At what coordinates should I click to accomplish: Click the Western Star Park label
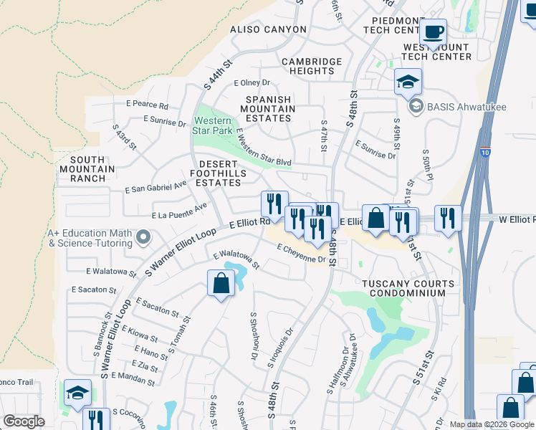[213, 125]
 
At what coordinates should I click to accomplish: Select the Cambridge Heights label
[312, 67]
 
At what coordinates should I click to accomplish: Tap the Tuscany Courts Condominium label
[408, 289]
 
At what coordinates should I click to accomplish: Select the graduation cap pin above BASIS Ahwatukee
[408, 82]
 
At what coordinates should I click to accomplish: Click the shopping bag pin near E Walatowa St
[221, 283]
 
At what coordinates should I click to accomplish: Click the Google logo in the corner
[24, 421]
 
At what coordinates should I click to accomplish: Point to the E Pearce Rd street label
[145, 105]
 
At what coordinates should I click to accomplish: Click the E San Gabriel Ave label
[155, 188]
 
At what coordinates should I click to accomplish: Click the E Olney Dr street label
[252, 83]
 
